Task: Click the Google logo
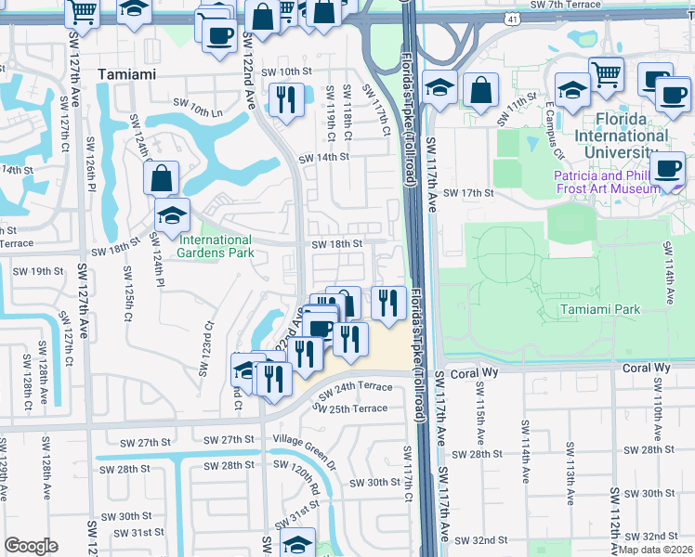pos(31,546)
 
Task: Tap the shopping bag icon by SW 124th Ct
pos(162,176)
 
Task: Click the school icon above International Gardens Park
pos(172,215)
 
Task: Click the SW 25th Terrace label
pos(352,408)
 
